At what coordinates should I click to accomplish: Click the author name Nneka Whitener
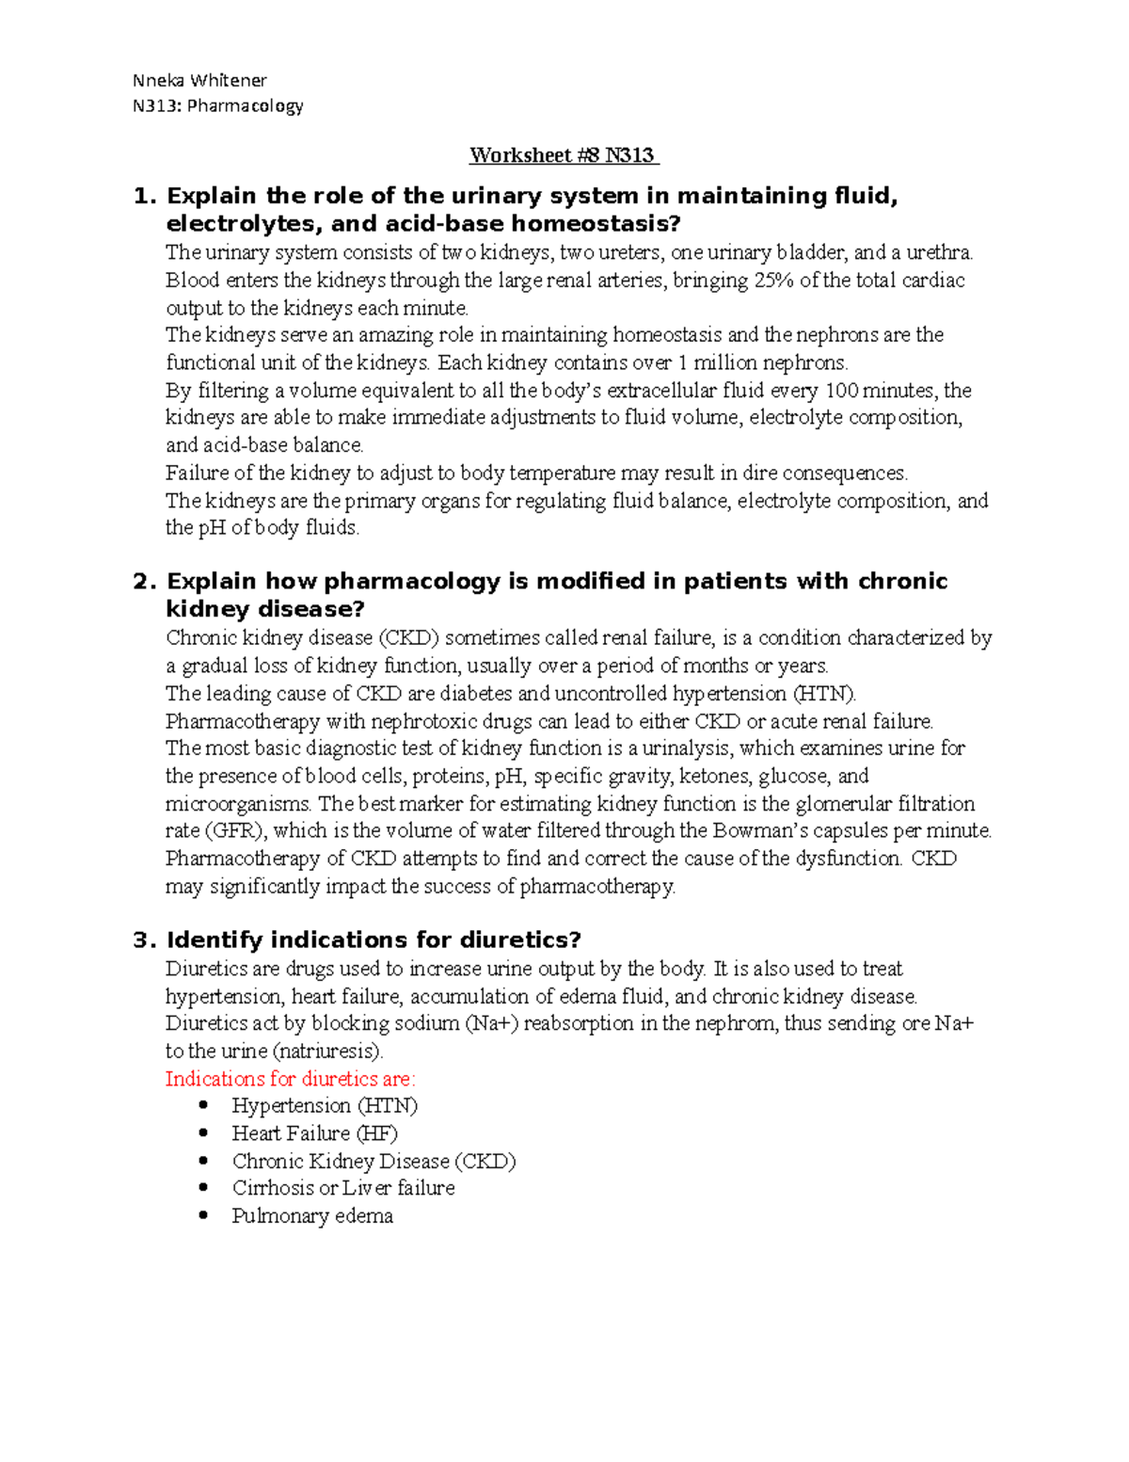(x=199, y=80)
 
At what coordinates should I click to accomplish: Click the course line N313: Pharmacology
(x=217, y=105)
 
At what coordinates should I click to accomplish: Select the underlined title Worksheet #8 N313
(x=564, y=155)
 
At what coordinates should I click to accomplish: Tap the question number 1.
(x=142, y=196)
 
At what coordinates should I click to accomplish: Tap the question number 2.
(x=142, y=581)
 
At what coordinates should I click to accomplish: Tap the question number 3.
(x=142, y=940)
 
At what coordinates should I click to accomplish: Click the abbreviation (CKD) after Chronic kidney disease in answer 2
(x=408, y=637)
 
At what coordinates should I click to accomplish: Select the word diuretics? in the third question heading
(x=520, y=940)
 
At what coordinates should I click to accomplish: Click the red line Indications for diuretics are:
(x=290, y=1078)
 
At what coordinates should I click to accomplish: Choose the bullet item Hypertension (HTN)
(x=325, y=1105)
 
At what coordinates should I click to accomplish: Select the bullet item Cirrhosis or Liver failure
(x=343, y=1188)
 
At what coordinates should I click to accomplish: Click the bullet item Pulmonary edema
(x=312, y=1215)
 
